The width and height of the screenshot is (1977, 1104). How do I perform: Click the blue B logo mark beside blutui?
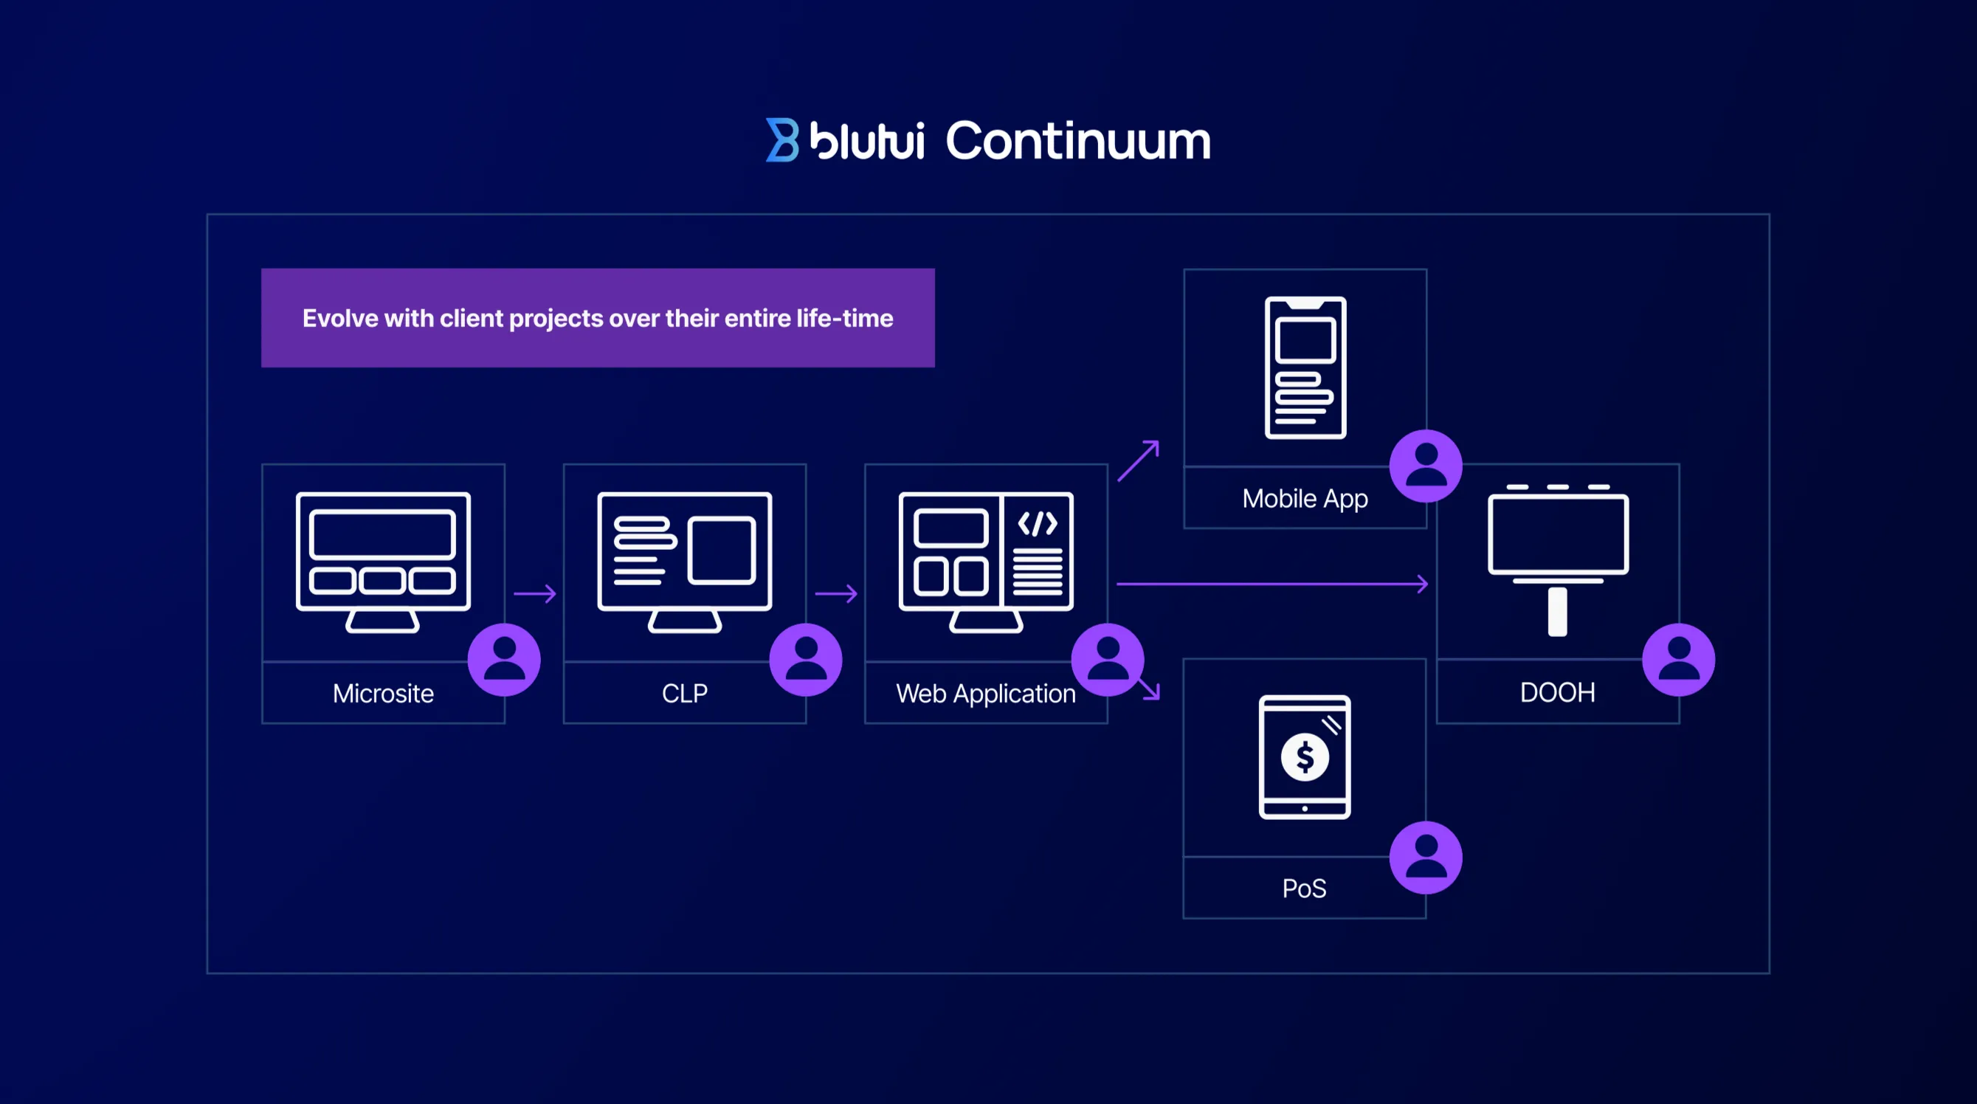pos(782,139)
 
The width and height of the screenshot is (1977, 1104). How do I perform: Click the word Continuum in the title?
pos(1077,141)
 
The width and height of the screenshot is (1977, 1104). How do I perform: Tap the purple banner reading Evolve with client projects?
pos(597,318)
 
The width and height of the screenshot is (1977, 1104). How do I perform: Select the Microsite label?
pos(383,693)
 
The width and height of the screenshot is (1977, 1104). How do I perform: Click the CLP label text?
pos(685,693)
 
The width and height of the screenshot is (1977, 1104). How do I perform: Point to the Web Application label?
pos(985,693)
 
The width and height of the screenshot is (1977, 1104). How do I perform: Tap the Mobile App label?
pos(1305,498)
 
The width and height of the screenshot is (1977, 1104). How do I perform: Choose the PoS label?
pos(1304,889)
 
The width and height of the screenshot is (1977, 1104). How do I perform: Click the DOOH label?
pos(1557,692)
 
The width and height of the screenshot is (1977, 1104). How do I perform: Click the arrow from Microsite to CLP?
pos(535,593)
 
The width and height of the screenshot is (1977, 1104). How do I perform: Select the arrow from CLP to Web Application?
pos(836,593)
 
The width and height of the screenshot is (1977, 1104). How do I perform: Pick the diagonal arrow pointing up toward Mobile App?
pos(1138,460)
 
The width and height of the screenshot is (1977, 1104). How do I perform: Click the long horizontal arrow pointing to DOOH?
pos(1272,584)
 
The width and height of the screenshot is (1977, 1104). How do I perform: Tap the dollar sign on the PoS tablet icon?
pos(1305,758)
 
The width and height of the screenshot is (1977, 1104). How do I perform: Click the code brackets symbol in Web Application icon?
pos(1038,524)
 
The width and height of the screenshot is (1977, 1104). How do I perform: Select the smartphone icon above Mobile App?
pos(1305,368)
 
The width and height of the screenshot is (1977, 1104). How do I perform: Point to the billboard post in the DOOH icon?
pos(1557,611)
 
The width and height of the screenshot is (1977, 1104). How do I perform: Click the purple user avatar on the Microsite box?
pos(504,660)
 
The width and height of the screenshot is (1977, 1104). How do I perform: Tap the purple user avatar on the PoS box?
pos(1425,858)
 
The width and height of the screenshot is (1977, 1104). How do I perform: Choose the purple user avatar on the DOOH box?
pos(1678,660)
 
